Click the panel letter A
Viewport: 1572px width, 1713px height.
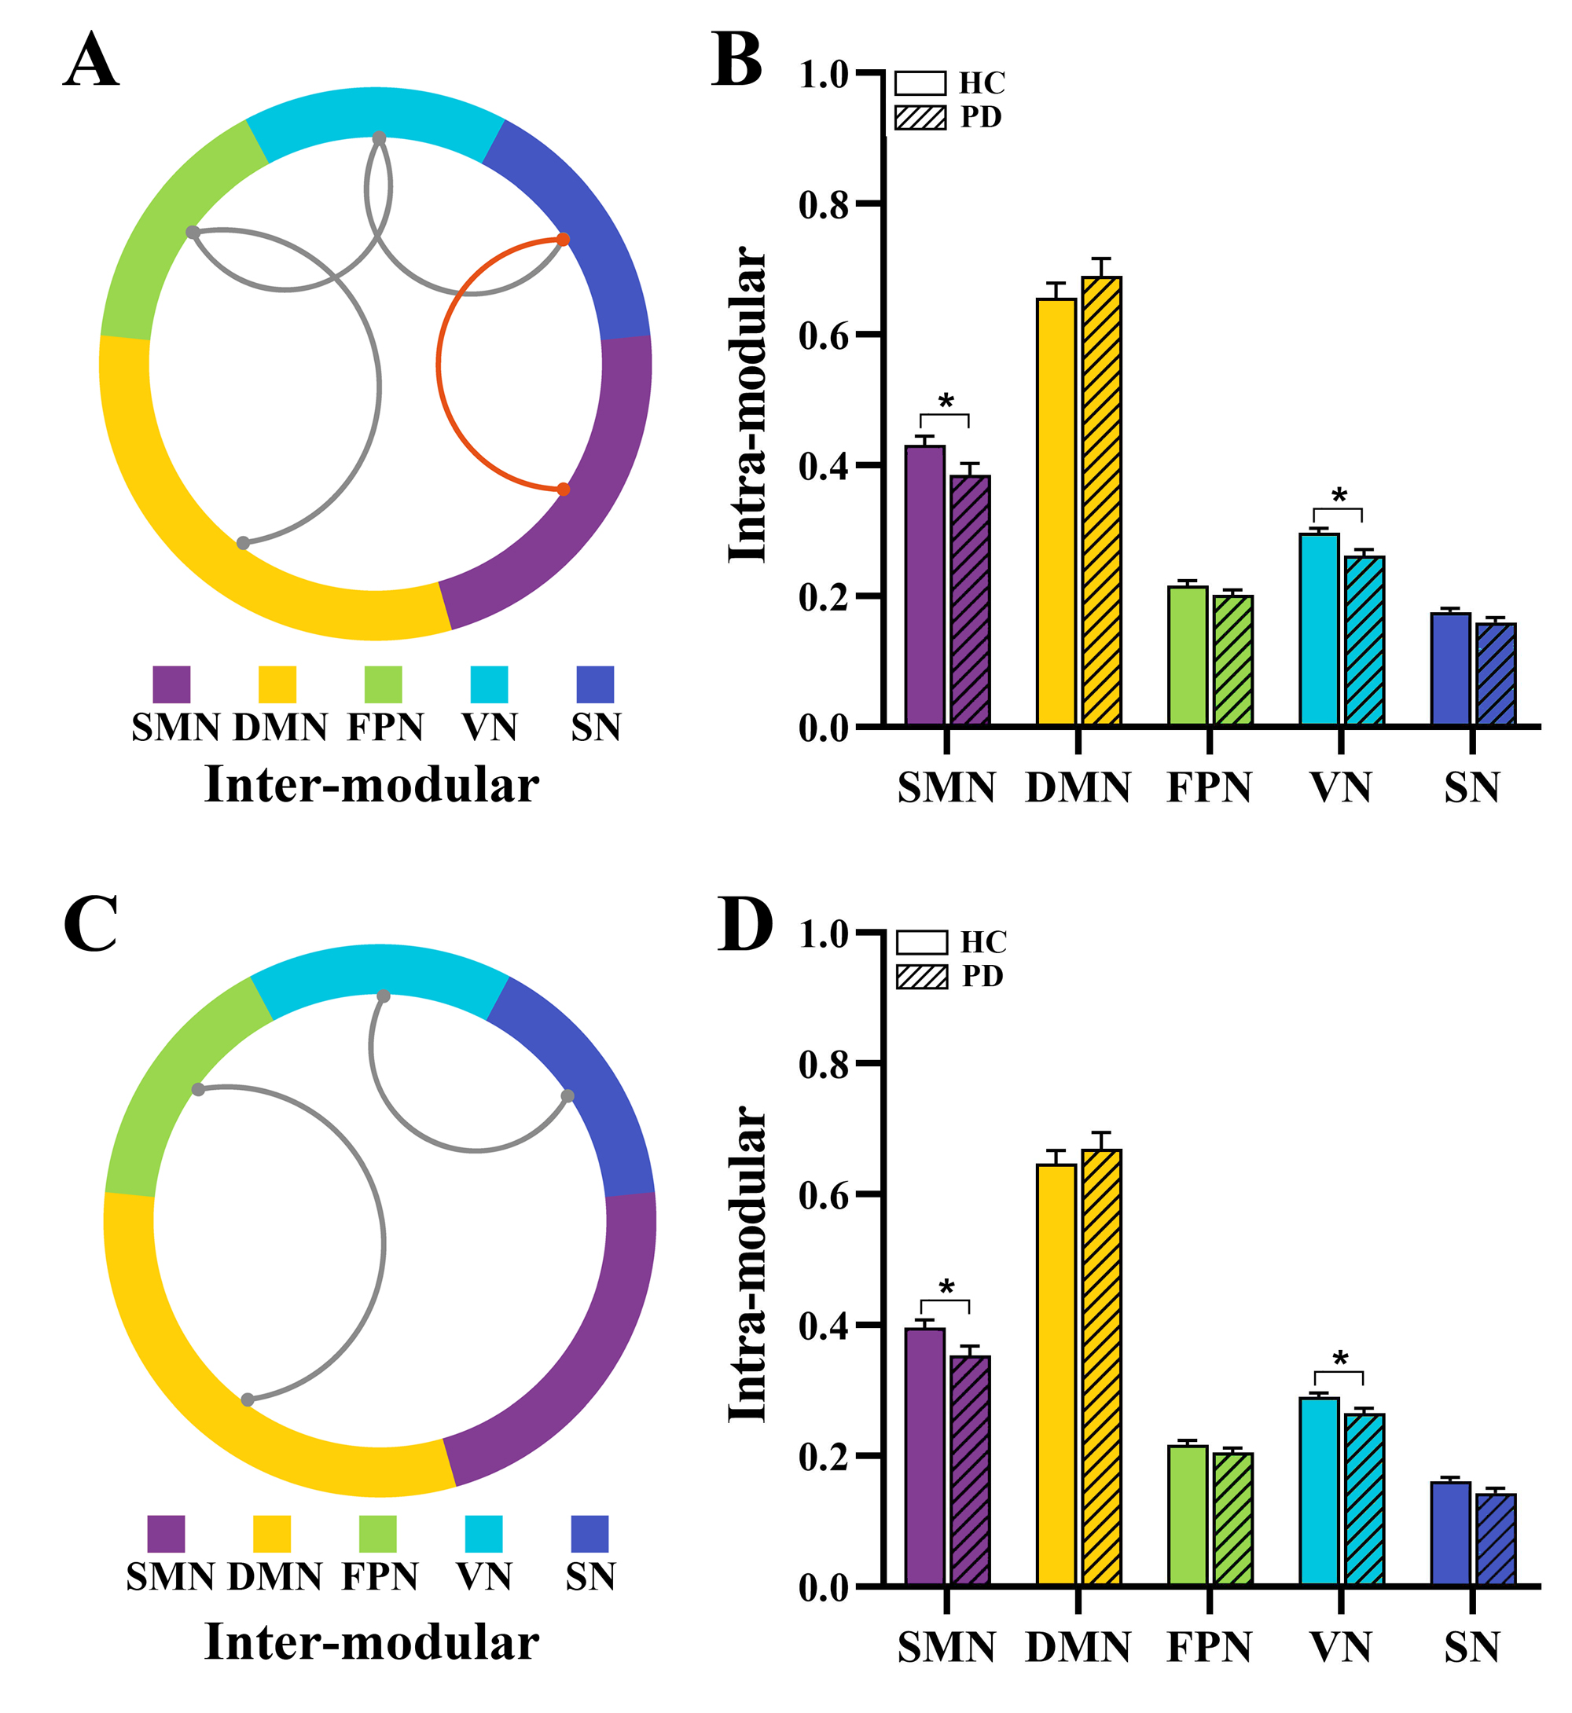pyautogui.click(x=90, y=61)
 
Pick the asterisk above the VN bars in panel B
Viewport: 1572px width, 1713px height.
pyautogui.click(x=1339, y=496)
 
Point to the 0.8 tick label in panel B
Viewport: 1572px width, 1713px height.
pyautogui.click(x=824, y=205)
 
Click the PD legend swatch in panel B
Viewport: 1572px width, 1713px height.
pyautogui.click(x=920, y=117)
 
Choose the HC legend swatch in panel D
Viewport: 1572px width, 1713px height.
pyautogui.click(x=921, y=942)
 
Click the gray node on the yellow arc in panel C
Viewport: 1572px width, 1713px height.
pyautogui.click(x=248, y=1400)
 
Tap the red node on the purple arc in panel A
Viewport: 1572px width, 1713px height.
pyautogui.click(x=563, y=489)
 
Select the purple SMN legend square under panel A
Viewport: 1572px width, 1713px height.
pyautogui.click(x=171, y=684)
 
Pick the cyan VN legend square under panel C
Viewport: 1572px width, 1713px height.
pyautogui.click(x=483, y=1534)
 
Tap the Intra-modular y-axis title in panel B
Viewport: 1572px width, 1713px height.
pyautogui.click(x=747, y=405)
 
